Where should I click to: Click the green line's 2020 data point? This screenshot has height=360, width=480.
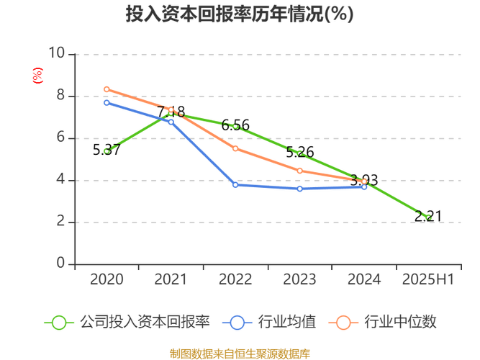(107, 150)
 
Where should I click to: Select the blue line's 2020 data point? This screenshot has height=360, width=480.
(107, 102)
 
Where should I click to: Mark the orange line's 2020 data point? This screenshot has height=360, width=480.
(107, 89)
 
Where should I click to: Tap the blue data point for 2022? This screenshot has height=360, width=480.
(235, 185)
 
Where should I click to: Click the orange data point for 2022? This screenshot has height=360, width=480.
(235, 148)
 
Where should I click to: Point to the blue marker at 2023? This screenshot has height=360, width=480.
(299, 189)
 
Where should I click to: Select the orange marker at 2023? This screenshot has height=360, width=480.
(299, 171)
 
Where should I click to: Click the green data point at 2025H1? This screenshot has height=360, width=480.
(428, 217)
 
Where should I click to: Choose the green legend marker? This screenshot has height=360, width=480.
(59, 322)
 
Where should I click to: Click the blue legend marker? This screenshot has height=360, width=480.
(237, 322)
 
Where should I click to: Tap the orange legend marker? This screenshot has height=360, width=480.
(343, 322)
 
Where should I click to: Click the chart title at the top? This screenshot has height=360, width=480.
(240, 14)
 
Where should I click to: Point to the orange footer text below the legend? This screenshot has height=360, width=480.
(240, 353)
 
